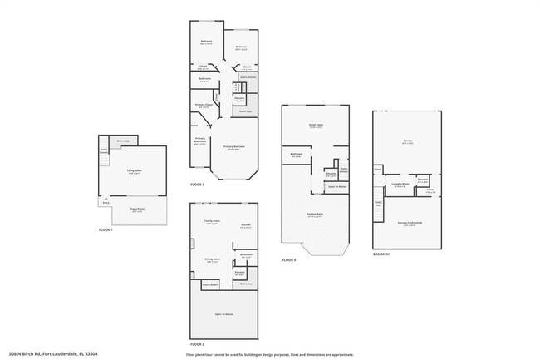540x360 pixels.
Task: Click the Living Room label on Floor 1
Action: [134, 170]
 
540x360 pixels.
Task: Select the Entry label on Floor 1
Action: [106, 202]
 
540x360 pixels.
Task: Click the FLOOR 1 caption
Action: [106, 229]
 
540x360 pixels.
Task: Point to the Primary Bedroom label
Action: [234, 148]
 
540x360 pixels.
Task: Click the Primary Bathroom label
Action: [200, 141]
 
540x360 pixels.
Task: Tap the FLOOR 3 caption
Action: [197, 184]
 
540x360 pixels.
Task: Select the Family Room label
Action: [211, 222]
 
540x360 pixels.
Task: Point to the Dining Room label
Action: [212, 259]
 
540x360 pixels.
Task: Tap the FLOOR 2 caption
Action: [197, 343]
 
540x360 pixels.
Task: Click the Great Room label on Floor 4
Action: [316, 126]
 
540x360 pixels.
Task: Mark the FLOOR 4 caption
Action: [288, 260]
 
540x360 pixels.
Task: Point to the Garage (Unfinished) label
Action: [408, 224]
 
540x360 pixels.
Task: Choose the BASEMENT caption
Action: [382, 254]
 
